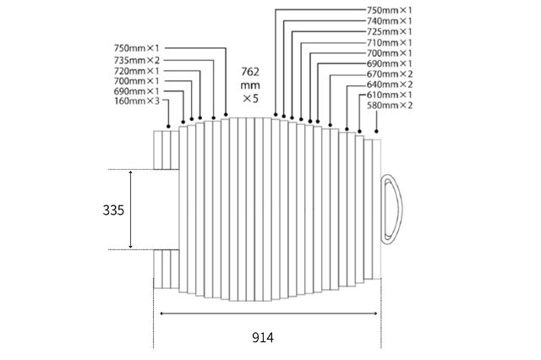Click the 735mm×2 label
[137, 60]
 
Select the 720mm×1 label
[137, 71]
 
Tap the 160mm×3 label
[137, 101]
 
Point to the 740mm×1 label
[389, 21]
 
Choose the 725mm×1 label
[389, 32]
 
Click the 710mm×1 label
[389, 43]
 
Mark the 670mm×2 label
[389, 74]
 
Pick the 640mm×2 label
[389, 85]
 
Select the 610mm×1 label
[389, 95]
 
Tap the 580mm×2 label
[389, 105]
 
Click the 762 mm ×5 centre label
[250, 85]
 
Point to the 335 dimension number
[113, 210]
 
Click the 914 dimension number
[263, 337]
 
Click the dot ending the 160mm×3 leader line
[168, 127]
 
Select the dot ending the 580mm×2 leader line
[376, 131]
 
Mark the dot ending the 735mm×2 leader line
[214, 118]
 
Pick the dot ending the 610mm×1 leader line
[359, 131]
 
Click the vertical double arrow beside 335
[130, 210]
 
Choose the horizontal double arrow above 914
[269, 314]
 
